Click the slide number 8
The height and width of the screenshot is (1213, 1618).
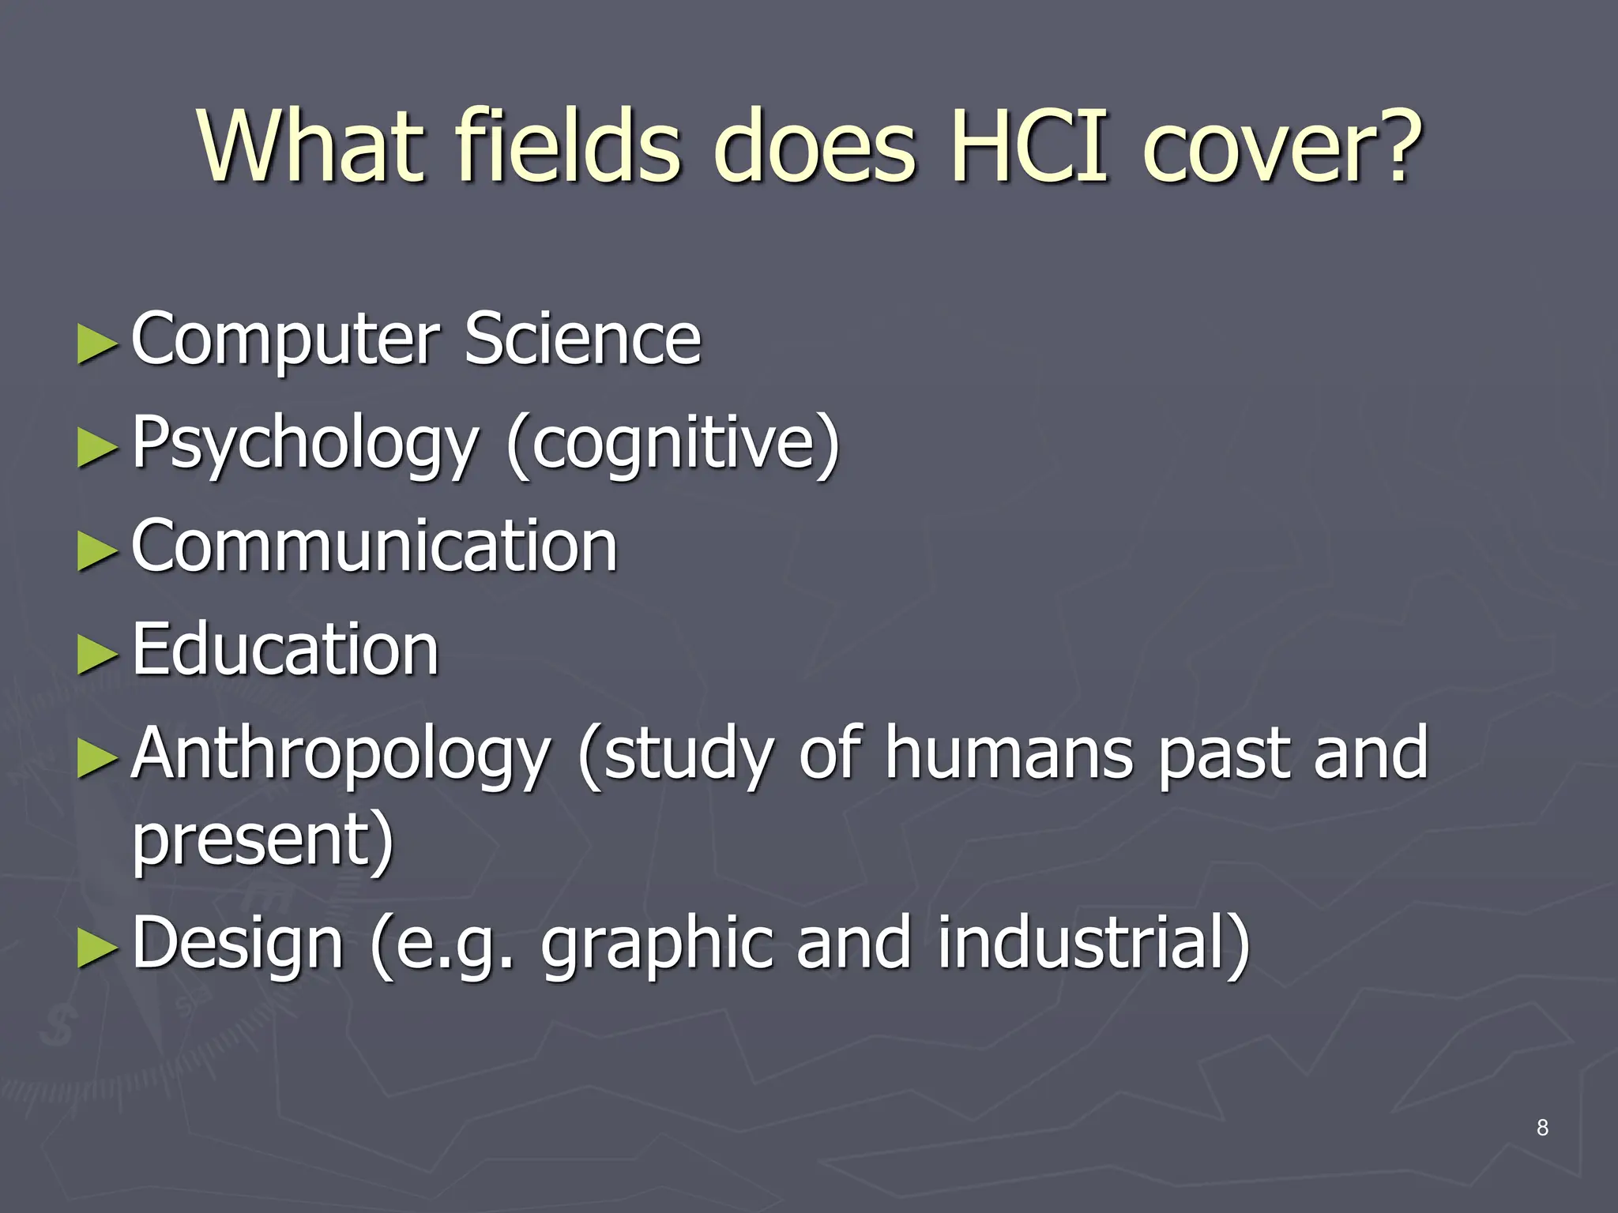(1542, 1128)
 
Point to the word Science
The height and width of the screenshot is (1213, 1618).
(582, 339)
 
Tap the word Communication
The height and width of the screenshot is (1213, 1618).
(374, 546)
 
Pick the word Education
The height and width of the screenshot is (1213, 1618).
(284, 649)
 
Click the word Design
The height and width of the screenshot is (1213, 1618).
(237, 944)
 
